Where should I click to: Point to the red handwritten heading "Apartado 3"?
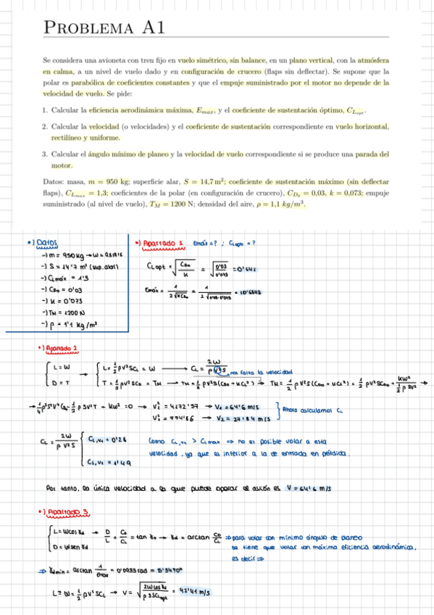click(67, 512)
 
